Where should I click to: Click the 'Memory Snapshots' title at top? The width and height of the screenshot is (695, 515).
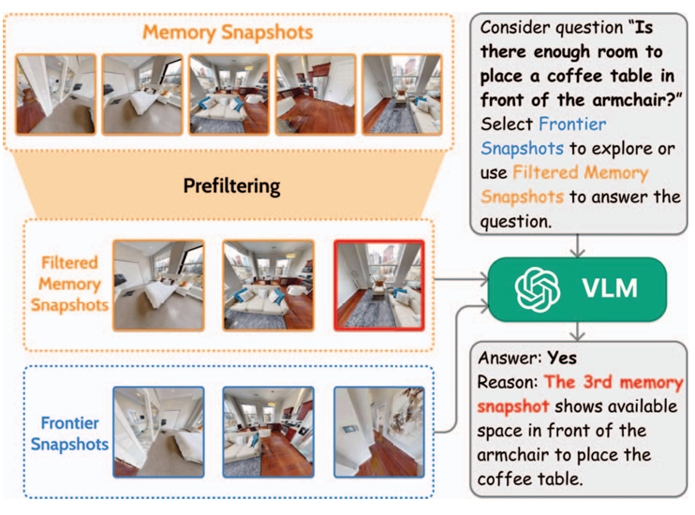tap(228, 33)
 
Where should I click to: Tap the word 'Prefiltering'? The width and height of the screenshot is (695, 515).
tap(231, 186)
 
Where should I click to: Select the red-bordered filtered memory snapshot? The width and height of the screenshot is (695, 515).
tap(379, 286)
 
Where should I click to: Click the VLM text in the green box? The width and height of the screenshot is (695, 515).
tap(610, 288)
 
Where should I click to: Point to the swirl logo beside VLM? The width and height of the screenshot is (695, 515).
tap(538, 289)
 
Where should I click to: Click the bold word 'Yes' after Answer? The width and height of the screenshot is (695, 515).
tap(562, 358)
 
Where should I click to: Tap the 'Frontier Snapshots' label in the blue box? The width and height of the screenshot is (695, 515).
tap(69, 434)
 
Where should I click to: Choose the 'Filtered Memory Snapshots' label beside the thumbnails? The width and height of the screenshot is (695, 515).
tap(69, 284)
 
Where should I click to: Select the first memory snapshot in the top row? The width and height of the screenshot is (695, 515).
tap(55, 94)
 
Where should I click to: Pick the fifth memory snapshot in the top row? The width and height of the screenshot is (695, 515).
tap(403, 94)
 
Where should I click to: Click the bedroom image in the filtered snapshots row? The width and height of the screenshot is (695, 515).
tap(158, 286)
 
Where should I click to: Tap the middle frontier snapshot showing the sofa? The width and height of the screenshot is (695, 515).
tap(268, 432)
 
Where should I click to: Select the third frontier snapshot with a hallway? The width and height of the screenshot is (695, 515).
tap(379, 432)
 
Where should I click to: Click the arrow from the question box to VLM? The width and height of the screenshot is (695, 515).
tap(577, 245)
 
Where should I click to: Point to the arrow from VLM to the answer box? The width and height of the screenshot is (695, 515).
tap(577, 331)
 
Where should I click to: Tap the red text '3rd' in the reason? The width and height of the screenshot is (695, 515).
tap(598, 382)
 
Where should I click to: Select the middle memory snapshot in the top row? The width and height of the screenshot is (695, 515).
tap(229, 94)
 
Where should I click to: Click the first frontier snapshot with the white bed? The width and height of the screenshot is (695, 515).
tap(158, 432)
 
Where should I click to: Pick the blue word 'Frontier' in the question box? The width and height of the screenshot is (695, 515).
tap(572, 125)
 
